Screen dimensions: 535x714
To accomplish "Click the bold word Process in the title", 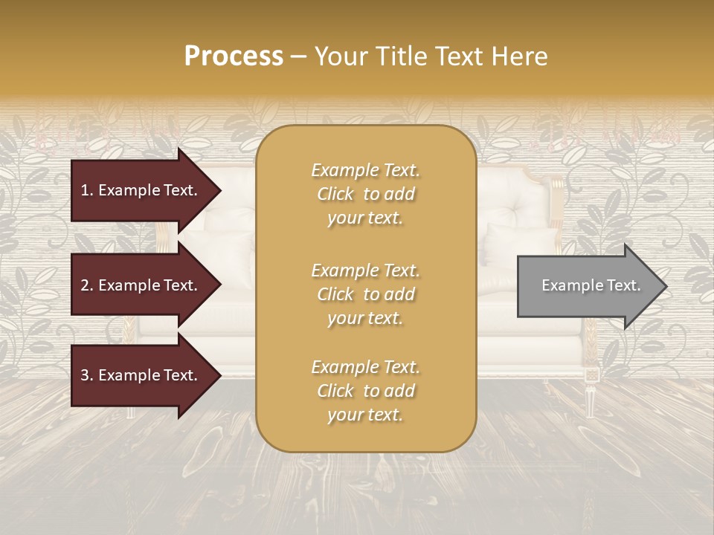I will pos(234,56).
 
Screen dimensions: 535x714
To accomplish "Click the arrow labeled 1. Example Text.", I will pos(141,190).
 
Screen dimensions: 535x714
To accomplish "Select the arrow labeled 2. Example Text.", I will pos(141,285).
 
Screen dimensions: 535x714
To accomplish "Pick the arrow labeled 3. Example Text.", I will pos(141,375).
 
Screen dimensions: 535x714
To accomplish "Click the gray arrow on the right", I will pos(588,286).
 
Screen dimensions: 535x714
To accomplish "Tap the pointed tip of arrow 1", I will pos(219,190).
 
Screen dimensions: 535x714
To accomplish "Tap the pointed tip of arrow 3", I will pos(219,375).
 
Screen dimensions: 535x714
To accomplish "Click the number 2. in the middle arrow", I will pos(87,285).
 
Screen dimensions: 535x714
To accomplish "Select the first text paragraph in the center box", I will pos(365,194).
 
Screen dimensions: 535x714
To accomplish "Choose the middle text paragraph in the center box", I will pos(365,294).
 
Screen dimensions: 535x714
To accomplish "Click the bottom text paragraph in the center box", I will pos(365,391).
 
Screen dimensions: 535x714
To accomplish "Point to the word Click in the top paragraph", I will pos(335,194).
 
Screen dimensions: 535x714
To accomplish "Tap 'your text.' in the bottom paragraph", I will pos(365,415).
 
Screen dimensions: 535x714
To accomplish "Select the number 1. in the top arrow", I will pos(87,190).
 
